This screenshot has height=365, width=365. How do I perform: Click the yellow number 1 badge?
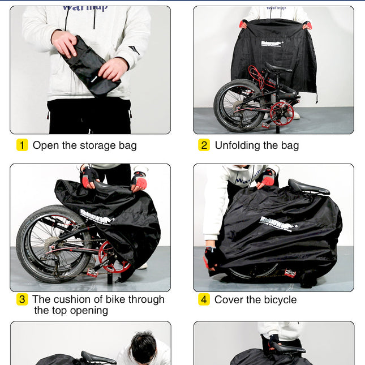tap(22, 145)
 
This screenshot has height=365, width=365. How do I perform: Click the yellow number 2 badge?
tap(204, 145)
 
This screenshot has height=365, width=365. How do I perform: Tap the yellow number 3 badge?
tap(22, 299)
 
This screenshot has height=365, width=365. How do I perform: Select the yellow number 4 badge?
tap(204, 299)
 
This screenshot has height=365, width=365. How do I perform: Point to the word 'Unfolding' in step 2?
tap(239, 145)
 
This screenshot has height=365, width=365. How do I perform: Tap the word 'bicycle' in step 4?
tap(277, 299)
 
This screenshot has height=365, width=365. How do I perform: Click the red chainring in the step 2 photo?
tap(281, 113)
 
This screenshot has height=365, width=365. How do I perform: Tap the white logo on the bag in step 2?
tap(272, 42)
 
